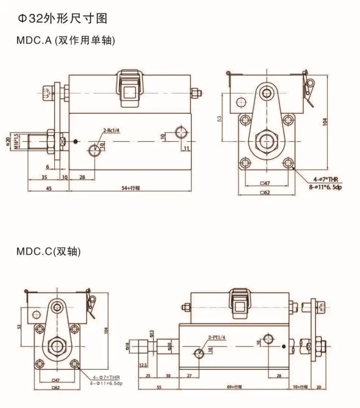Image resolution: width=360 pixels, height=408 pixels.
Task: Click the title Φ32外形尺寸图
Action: click(x=61, y=19)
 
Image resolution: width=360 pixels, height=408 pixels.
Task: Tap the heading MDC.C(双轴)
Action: click(x=48, y=251)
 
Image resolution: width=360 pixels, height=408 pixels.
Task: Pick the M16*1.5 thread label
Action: click(x=17, y=141)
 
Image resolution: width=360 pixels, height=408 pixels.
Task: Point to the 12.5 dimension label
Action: click(x=143, y=365)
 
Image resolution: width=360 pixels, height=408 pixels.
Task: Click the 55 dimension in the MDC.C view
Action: click(x=159, y=387)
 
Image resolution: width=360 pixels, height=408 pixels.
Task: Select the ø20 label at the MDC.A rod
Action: click(x=8, y=141)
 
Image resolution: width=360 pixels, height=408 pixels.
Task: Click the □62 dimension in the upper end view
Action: click(x=265, y=193)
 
